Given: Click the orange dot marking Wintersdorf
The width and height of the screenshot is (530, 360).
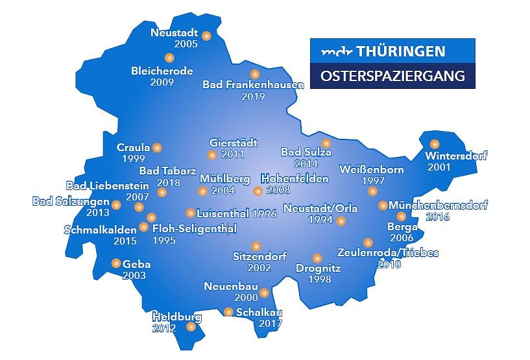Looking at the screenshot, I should click(435, 144).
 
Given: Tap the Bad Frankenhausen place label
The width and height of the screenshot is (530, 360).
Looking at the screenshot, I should click(253, 85).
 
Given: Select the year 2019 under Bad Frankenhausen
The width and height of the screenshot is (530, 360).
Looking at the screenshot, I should click(253, 97).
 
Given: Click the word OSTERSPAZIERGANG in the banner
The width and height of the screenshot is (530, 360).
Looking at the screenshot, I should click(392, 76).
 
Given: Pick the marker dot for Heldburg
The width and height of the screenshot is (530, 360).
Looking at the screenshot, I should click(191, 327).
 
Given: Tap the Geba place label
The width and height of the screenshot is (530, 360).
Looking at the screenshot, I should click(136, 264).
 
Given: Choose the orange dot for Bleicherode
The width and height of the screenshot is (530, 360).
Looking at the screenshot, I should click(170, 58).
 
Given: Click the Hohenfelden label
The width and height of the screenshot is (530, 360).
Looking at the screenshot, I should click(295, 178).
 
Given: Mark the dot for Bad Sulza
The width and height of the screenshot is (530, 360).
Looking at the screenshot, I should click(326, 143).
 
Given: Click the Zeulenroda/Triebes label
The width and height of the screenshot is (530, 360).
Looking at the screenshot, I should click(388, 252).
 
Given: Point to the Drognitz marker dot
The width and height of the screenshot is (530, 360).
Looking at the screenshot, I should click(317, 258).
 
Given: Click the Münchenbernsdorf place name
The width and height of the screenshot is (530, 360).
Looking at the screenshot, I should click(438, 205).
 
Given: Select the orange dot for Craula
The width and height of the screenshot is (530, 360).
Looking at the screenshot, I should click(157, 147).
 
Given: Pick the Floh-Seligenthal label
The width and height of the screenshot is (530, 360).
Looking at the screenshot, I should click(194, 228).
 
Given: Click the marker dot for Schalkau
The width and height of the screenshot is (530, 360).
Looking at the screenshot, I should click(228, 312).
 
